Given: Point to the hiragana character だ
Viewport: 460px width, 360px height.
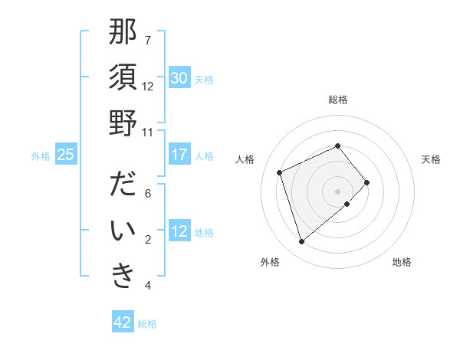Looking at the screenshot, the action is (123, 186).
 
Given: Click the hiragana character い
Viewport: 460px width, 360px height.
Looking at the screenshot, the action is (123, 231).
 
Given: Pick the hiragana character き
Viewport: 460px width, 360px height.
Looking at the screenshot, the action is (123, 277).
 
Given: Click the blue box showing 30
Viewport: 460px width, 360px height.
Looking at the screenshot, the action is (179, 78).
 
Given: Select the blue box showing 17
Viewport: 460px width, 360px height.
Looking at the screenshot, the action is (179, 155).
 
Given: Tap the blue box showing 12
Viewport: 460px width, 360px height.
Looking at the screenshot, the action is (179, 231).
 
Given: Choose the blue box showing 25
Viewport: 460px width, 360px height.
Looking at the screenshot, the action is (65, 155).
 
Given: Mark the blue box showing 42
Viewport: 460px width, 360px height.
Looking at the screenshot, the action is (123, 322).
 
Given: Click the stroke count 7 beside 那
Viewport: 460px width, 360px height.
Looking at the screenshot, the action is (148, 40).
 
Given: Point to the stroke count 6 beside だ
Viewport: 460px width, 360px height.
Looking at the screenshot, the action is (148, 194).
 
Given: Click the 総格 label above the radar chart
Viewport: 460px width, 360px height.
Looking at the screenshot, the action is (338, 100).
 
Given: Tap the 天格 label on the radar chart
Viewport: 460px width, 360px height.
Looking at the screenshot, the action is (431, 159).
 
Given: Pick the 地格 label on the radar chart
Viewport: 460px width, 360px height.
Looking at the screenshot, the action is (402, 262).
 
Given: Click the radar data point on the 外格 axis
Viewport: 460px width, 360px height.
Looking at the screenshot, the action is (301, 242).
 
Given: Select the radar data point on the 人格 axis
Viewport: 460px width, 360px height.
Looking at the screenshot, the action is (280, 172).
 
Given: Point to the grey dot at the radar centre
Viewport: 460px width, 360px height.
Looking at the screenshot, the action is (337, 191).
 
